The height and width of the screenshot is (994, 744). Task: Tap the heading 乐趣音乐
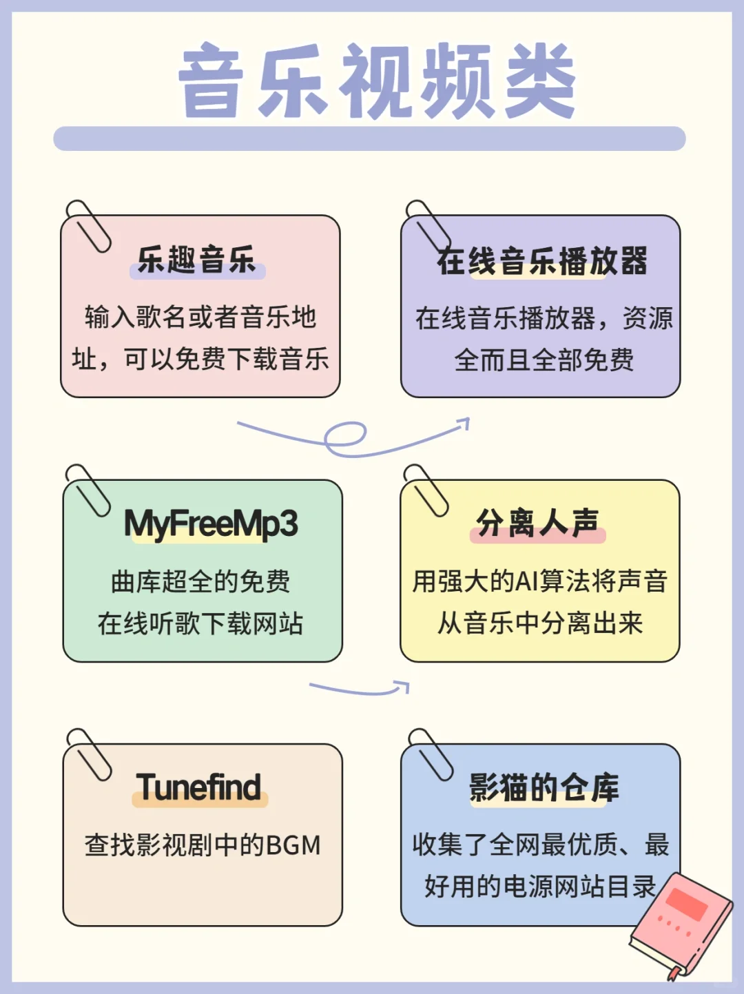click(197, 260)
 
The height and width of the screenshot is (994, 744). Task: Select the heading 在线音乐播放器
click(542, 262)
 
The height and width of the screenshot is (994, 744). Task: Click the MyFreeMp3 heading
click(211, 524)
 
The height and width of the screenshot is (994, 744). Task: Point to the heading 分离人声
click(538, 524)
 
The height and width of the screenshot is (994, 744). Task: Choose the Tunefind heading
click(199, 787)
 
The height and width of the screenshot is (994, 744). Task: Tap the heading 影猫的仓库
click(544, 787)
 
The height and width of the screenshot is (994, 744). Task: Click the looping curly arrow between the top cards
click(351, 436)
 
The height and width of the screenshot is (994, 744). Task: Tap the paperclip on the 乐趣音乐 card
click(87, 226)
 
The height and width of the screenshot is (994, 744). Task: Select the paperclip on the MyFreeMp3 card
click(87, 490)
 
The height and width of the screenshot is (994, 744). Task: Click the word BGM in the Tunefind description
click(293, 845)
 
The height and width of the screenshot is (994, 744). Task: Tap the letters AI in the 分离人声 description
click(526, 581)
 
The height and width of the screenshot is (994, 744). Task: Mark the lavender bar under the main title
click(369, 138)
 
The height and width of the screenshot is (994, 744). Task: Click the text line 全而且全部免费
click(544, 360)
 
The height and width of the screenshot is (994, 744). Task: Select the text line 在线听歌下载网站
click(200, 623)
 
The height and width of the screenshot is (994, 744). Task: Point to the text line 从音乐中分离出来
click(540, 623)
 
